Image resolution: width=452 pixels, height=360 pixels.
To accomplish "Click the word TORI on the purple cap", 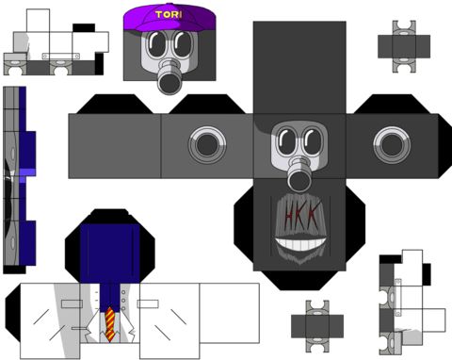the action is coord(169,14).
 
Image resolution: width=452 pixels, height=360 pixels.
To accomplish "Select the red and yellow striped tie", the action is coord(110,324).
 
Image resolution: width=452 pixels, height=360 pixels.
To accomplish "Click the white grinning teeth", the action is coord(300,244).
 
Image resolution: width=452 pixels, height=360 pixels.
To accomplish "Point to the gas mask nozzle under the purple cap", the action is coord(169,78).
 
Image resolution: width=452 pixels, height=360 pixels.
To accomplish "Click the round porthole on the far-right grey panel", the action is coord(392,145).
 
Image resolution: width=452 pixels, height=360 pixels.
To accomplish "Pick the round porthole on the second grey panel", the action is coord(207,145).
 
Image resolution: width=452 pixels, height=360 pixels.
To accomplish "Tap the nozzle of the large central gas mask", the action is coord(299,176).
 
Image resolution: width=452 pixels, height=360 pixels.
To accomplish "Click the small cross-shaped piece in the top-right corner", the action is coord(404,46).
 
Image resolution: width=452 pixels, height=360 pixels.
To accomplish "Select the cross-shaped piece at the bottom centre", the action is coord(317,326).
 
